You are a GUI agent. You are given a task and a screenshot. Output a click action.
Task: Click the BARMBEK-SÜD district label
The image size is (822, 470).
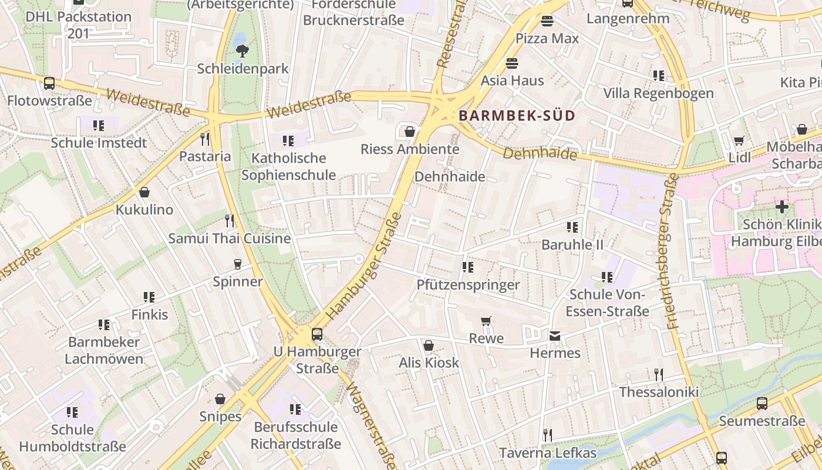(x=517, y=116)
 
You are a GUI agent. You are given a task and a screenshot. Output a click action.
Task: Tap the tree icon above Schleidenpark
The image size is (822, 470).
(x=241, y=51)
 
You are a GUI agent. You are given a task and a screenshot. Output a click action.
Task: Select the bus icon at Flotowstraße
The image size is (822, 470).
(x=49, y=83)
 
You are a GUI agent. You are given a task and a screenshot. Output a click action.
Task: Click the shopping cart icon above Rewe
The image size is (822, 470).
(x=486, y=321)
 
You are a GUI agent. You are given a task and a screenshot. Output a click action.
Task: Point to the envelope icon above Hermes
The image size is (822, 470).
(x=554, y=336)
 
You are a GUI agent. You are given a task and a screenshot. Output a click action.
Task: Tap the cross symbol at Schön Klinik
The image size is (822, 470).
(x=781, y=207)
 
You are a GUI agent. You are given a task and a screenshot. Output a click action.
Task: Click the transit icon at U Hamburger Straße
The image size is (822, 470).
(x=317, y=334)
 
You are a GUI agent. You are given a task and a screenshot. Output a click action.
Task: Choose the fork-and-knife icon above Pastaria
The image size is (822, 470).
(x=205, y=139)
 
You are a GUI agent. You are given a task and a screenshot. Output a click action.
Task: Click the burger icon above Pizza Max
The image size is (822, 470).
(x=547, y=22)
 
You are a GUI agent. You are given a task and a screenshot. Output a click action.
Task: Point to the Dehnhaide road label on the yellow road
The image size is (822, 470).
(x=540, y=153)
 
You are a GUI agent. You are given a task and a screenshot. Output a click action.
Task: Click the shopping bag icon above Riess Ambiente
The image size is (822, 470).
(x=409, y=132)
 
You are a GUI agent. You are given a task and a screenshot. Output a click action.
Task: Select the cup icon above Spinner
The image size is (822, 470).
(x=237, y=264)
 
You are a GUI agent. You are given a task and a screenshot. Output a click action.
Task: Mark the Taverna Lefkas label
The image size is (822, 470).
(x=547, y=453)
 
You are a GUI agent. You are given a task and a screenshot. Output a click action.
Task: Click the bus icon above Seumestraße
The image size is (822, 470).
(x=762, y=404)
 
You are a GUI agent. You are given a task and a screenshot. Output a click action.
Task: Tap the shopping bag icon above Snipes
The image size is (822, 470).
(x=220, y=399)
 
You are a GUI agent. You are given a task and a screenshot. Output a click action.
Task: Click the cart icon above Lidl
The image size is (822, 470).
(x=739, y=140)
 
